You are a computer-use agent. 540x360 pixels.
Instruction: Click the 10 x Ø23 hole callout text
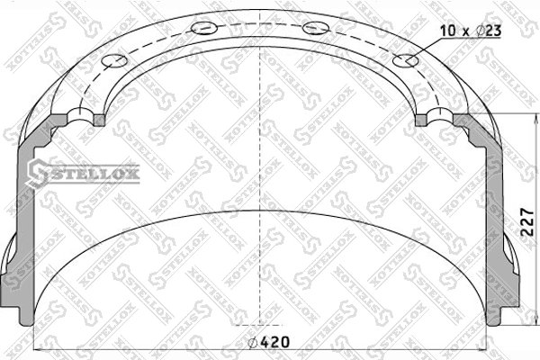coord(471,31)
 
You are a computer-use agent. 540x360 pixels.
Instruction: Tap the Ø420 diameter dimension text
coord(268,342)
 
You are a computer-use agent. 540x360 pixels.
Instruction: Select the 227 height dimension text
coord(526,222)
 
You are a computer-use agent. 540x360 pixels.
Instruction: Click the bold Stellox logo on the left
coord(84,173)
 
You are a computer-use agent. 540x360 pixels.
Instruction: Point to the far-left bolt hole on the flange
coord(114,60)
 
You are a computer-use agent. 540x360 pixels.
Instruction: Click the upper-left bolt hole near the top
coord(204,28)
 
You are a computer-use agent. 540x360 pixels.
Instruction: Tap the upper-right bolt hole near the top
coord(316,28)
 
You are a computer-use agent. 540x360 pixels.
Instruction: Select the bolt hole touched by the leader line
coord(406,61)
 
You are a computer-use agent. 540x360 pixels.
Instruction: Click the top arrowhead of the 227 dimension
coord(535,118)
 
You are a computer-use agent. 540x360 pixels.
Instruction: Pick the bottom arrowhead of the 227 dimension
coord(535,320)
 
